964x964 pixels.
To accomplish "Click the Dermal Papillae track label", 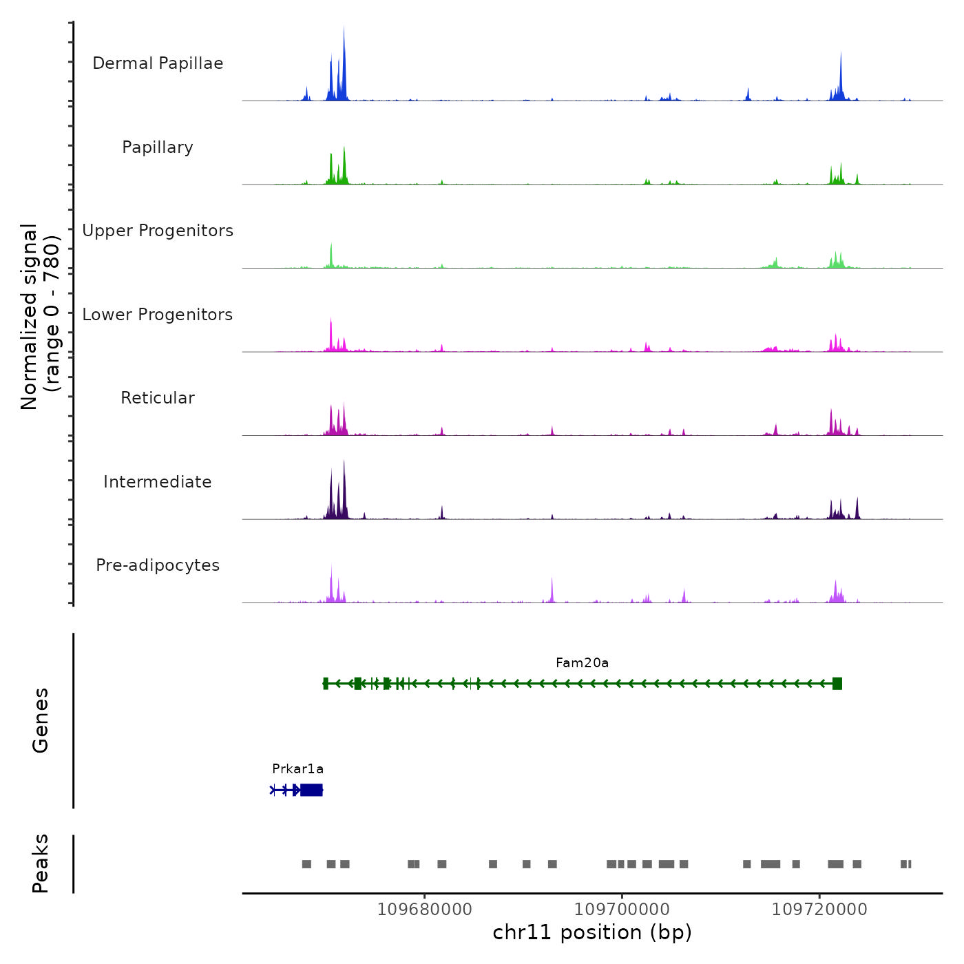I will click(158, 63).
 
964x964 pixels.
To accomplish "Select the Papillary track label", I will click(158, 147).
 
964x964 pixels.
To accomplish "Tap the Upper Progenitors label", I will click(158, 231).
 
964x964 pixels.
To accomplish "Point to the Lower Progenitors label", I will click(158, 315).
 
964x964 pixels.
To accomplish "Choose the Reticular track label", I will click(158, 398).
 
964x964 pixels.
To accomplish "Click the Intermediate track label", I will click(158, 482).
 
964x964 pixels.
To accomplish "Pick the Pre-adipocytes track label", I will click(158, 565).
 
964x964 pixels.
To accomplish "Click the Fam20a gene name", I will click(582, 663).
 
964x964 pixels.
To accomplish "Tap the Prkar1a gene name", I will click(297, 769).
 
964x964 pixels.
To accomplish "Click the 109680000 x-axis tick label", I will click(425, 910).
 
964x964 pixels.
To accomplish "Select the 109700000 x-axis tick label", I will click(622, 910).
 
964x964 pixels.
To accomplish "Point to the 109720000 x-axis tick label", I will click(819, 910).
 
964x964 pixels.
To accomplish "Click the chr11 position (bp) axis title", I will click(592, 932).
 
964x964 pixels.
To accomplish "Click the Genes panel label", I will click(40, 720).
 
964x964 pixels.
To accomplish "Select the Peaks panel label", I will click(40, 863).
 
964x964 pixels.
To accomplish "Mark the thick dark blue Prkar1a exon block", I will click(311, 790).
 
